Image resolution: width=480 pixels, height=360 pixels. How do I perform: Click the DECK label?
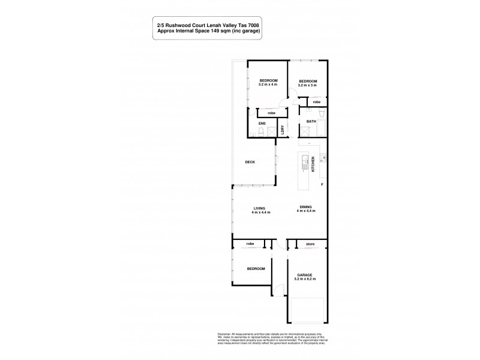[250, 162]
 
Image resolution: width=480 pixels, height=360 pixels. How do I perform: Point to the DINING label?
[307, 208]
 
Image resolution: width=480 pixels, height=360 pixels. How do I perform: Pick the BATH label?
[311, 122]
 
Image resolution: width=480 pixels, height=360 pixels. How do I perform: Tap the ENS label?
[262, 124]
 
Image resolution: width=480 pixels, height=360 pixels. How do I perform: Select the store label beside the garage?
[310, 244]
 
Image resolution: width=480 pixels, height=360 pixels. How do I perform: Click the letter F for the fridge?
[322, 184]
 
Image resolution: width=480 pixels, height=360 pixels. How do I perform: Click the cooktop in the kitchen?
[323, 159]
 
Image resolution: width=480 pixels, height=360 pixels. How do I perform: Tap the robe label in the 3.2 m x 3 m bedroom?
[316, 102]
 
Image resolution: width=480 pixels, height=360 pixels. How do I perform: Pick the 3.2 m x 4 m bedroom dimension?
[268, 85]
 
